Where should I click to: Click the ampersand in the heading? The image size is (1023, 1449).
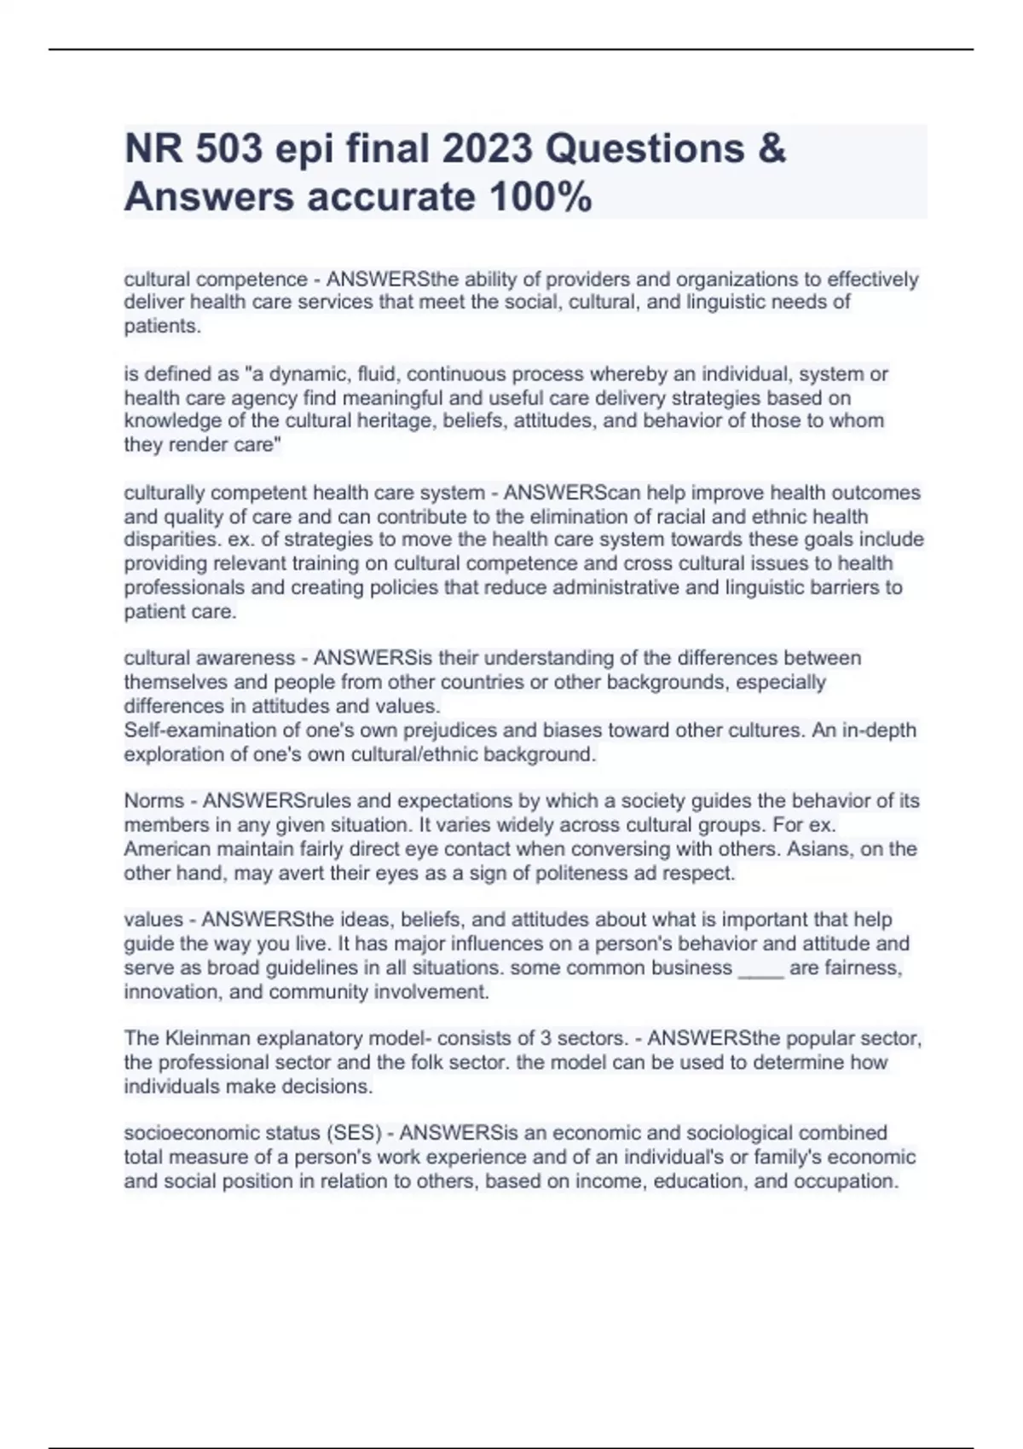771,149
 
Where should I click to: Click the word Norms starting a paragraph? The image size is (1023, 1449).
153,801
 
